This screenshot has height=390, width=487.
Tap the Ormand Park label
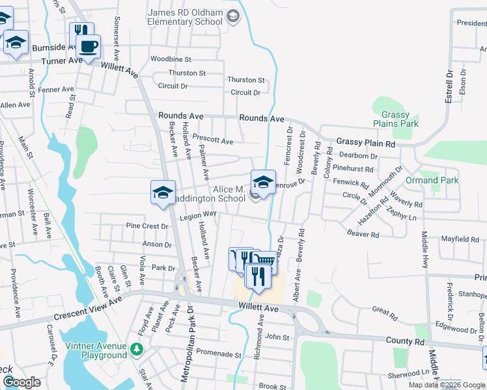pyautogui.click(x=441, y=180)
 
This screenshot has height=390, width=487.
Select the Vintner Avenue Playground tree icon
pyautogui.click(x=136, y=350)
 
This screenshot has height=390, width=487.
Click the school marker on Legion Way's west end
pyautogui.click(x=163, y=192)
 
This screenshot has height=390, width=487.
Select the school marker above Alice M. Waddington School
pyautogui.click(x=263, y=182)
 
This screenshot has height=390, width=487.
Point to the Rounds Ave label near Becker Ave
pyautogui.click(x=181, y=116)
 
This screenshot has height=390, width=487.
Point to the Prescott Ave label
pyautogui.click(x=212, y=139)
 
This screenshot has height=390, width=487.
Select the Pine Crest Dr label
pyautogui.click(x=146, y=226)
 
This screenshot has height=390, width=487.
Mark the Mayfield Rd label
pyautogui.click(x=460, y=239)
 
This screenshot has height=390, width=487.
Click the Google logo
pyautogui.click(x=22, y=382)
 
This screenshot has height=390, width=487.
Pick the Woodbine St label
pyautogui.click(x=170, y=59)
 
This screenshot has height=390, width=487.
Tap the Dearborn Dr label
pyautogui.click(x=359, y=156)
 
